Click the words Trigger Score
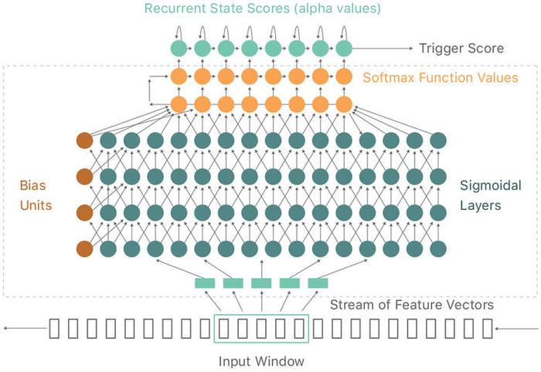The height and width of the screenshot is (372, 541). coord(461,48)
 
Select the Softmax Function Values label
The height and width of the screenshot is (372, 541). coord(441,77)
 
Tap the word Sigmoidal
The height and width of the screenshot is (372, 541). coord(490,186)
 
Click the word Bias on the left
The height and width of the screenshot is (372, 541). coord(32,185)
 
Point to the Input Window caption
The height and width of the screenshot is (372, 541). coord(261,361)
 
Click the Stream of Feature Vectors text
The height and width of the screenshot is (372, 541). coord(412,305)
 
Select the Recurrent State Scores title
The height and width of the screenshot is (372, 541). coord(262,8)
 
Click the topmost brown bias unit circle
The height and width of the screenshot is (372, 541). coord(84,140)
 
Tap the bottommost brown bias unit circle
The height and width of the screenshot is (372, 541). coord(84,249)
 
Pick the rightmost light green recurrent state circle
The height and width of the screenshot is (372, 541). coord(344,48)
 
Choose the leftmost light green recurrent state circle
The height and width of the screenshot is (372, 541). coord(179,48)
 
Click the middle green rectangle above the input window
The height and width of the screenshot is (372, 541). coord(261,283)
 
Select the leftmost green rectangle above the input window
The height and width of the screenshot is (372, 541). coord(205,283)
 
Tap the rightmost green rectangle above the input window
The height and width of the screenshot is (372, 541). coord(318,283)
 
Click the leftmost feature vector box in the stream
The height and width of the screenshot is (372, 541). coord(54,328)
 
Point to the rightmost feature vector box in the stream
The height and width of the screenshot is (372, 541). coord(488,328)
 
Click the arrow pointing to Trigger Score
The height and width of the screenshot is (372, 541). coord(383,49)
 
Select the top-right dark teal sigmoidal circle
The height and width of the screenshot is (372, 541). coord(438,140)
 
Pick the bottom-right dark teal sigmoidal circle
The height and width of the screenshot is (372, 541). coord(438,249)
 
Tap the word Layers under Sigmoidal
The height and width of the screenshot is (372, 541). coord(480,205)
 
